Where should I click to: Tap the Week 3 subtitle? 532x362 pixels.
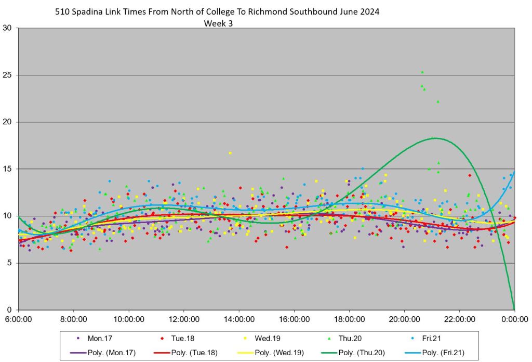(x=218, y=23)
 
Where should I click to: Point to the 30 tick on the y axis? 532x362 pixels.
(x=8, y=28)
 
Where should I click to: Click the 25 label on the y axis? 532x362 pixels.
(x=8, y=75)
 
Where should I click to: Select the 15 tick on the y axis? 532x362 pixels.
(x=8, y=169)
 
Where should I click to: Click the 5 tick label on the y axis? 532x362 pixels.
(x=10, y=263)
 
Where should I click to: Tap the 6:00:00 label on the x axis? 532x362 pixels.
(x=19, y=319)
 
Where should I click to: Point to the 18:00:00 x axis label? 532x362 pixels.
(x=349, y=319)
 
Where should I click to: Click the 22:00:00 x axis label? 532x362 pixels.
(x=459, y=319)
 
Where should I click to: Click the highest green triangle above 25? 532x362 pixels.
(x=422, y=72)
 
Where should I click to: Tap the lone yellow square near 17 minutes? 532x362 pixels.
(x=230, y=153)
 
